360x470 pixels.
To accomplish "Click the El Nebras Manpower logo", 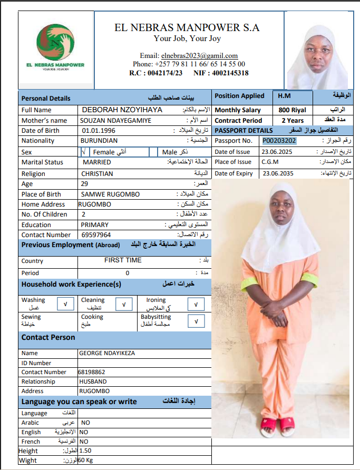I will click(56, 47).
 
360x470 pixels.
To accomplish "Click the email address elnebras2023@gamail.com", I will click(189, 55).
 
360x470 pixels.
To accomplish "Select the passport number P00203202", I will click(279, 141).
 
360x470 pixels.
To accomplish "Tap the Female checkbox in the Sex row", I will click(83, 152).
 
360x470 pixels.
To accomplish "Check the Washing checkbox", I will click(65, 305).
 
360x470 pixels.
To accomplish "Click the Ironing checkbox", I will click(196, 305).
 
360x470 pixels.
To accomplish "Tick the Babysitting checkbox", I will click(196, 321).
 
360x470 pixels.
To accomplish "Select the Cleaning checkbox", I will click(123, 305).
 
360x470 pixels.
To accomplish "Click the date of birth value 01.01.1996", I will click(99, 130).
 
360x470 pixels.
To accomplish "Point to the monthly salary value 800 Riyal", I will click(291, 110).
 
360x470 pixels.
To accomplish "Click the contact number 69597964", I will click(95, 235).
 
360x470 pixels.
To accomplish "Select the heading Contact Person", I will click(48, 337).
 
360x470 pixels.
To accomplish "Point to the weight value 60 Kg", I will click(86, 461).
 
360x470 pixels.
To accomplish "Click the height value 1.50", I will click(85, 451).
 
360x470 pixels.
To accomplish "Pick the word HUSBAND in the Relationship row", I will click(93, 381).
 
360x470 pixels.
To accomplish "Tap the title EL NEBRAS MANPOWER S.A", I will click(187, 27).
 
